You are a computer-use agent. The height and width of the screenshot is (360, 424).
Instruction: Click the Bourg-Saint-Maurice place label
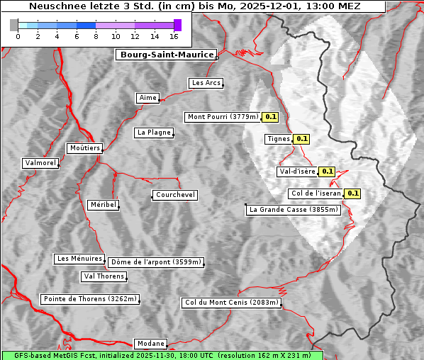tap(166, 55)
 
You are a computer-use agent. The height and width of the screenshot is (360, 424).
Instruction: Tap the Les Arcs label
tap(206, 83)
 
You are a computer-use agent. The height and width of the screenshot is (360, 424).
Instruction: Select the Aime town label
tap(147, 98)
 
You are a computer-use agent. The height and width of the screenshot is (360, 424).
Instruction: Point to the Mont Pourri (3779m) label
tap(223, 117)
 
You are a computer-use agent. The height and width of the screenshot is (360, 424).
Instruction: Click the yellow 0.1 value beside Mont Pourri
tap(270, 117)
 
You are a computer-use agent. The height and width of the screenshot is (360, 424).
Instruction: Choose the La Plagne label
tap(154, 133)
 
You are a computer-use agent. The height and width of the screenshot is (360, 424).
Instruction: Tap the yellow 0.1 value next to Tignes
tap(301, 139)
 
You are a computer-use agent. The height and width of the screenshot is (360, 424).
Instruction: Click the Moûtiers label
tap(84, 148)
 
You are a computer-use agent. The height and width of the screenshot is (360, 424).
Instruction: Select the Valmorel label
tap(40, 163)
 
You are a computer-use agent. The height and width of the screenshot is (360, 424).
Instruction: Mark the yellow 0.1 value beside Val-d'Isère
tap(327, 171)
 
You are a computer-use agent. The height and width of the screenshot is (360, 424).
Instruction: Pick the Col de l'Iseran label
tap(316, 193)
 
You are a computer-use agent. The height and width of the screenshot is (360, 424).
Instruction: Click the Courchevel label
tap(174, 195)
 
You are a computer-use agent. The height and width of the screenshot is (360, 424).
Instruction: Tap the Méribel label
tap(103, 205)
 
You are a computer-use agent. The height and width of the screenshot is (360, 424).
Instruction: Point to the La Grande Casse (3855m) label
tap(294, 210)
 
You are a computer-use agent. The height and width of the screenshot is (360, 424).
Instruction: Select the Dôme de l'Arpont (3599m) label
tap(155, 262)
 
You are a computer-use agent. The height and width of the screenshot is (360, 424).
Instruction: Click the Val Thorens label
tap(104, 276)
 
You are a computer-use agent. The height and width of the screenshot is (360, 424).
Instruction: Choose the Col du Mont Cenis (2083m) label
tap(232, 303)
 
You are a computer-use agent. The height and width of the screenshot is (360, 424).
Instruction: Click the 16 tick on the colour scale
tap(174, 35)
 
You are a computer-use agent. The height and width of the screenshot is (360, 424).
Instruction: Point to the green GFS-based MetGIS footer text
tap(162, 355)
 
